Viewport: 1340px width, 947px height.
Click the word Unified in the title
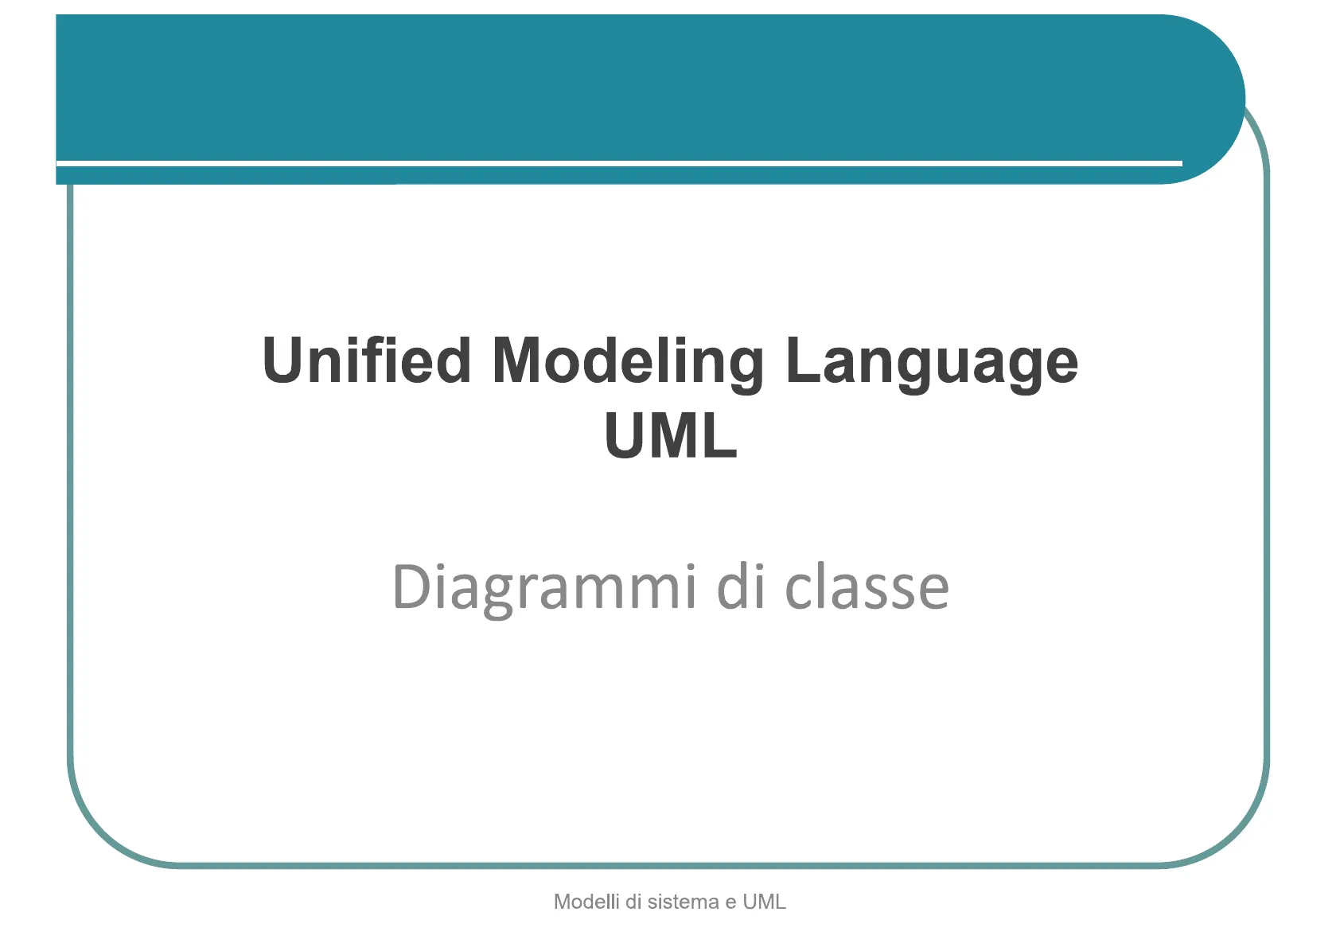(x=367, y=360)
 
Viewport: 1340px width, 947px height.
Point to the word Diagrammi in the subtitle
(x=543, y=590)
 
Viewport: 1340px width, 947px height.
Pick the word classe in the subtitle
(x=867, y=587)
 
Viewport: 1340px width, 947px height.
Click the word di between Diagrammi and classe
(x=741, y=587)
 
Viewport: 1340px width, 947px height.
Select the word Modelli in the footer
(x=586, y=902)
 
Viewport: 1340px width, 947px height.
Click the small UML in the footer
(x=765, y=902)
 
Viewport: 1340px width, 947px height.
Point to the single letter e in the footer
(x=731, y=903)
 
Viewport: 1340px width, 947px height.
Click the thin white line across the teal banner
(x=619, y=162)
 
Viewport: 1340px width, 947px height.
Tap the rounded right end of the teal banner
(x=1233, y=99)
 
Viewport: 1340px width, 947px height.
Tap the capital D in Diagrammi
(x=412, y=587)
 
